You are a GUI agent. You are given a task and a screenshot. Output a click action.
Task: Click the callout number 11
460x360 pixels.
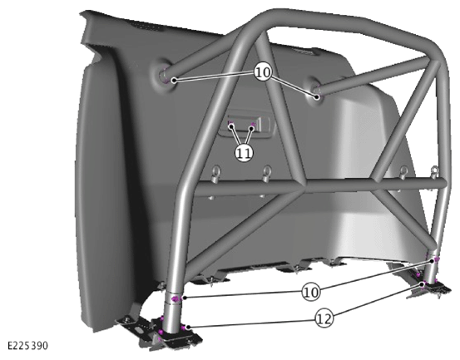(x=244, y=153)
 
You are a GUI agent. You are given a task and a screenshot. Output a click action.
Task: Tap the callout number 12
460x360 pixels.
(x=324, y=318)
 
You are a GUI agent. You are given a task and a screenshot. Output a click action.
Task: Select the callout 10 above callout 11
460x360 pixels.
(x=263, y=72)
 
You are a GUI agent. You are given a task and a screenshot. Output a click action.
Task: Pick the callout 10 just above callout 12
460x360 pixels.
(x=311, y=292)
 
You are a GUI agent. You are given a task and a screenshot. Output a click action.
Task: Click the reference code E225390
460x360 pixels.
(x=27, y=346)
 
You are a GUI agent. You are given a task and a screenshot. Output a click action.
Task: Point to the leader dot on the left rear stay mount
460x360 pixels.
(x=174, y=80)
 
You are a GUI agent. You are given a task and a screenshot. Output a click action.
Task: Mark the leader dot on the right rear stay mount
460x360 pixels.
(x=317, y=96)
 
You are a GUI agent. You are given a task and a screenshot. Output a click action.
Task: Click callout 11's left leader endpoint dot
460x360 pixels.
(x=232, y=126)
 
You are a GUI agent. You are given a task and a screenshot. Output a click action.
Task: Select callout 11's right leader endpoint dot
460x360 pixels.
(x=251, y=128)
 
